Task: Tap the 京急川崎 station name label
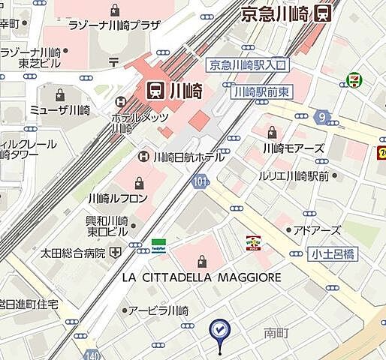(x=275, y=13)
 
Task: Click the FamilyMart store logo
(x=158, y=244)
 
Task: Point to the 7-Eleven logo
(x=352, y=80)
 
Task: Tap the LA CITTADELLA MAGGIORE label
(x=201, y=277)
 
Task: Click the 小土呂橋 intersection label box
(x=330, y=255)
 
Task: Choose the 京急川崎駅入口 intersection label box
(x=247, y=66)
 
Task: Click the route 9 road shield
(x=324, y=116)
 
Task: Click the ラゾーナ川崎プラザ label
(x=114, y=25)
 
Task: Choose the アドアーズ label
(x=316, y=229)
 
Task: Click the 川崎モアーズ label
(x=294, y=148)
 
